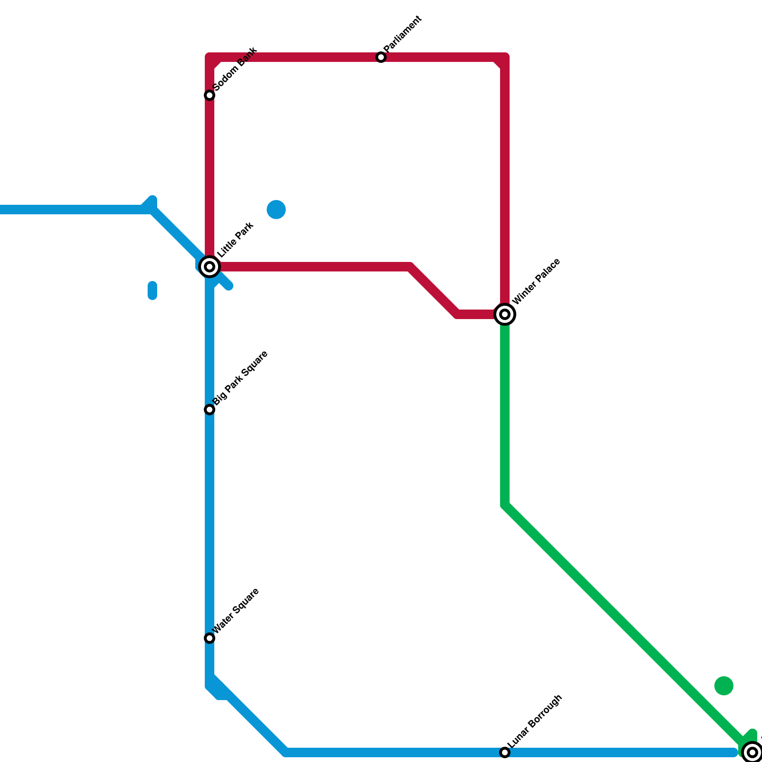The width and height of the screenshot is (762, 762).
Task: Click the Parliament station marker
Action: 381,58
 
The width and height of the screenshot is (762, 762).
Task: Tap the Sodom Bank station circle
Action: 210,96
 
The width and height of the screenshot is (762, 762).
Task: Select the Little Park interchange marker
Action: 210,267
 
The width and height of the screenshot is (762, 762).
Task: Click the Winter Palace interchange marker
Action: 505,314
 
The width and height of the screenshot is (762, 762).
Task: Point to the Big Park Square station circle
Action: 210,410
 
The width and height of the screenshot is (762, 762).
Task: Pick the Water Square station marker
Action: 210,638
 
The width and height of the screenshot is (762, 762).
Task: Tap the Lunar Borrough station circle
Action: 505,752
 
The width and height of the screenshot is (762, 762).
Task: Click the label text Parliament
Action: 402,34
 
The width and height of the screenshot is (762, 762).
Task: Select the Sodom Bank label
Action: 235,69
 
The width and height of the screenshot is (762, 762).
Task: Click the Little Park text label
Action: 235,240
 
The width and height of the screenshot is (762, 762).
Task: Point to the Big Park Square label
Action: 241,378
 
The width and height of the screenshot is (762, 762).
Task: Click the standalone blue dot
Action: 276,210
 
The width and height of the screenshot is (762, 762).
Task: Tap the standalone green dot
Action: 724,686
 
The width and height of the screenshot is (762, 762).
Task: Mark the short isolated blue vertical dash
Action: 152,291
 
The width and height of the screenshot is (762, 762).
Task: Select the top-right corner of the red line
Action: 505,58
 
